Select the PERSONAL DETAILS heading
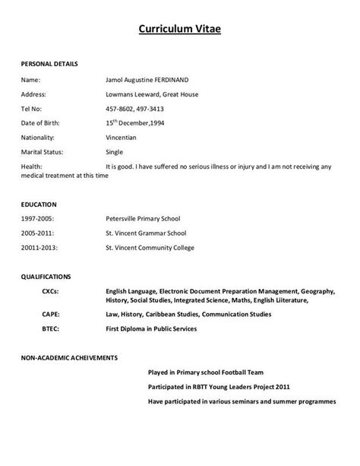click(49, 64)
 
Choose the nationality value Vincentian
click(122, 137)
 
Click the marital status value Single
click(115, 151)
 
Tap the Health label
click(31, 166)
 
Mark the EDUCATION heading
click(39, 204)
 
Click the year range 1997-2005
click(37, 218)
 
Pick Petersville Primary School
click(146, 218)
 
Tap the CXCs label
click(51, 290)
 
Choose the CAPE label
click(51, 314)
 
